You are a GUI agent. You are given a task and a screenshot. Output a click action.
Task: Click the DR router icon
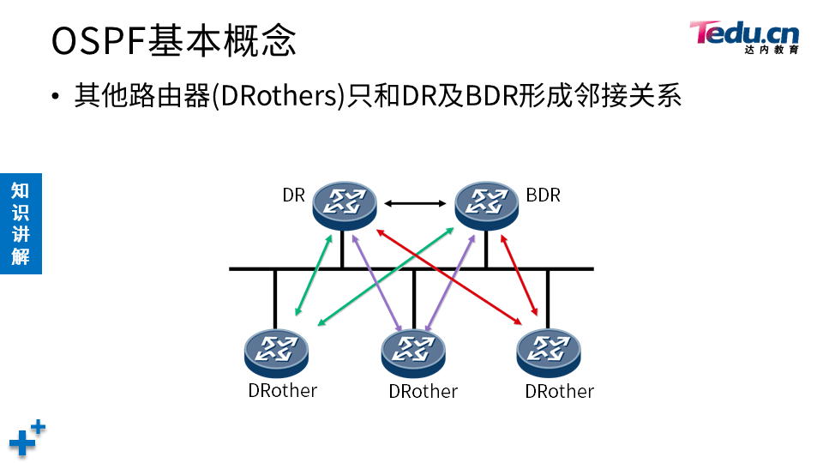pyautogui.click(x=345, y=203)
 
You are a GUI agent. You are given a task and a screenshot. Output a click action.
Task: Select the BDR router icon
pyautogui.click(x=486, y=203)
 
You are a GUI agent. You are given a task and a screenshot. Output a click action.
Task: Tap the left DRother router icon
pyautogui.click(x=276, y=352)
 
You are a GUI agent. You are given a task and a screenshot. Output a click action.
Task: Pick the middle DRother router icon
pyautogui.click(x=413, y=352)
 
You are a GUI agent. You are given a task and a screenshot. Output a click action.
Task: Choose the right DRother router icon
pyautogui.click(x=549, y=352)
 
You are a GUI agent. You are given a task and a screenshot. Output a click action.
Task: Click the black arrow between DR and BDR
pyautogui.click(x=416, y=204)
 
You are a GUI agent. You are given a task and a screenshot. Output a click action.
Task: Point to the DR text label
pyautogui.click(x=294, y=195)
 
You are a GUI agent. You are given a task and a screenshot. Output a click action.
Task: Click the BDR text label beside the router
pyautogui.click(x=543, y=195)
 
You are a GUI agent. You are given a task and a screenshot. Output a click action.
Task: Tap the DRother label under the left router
pyautogui.click(x=283, y=391)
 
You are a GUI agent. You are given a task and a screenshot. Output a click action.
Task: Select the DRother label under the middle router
pyautogui.click(x=423, y=392)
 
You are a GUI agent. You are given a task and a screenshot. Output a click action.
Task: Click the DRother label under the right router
pyautogui.click(x=560, y=392)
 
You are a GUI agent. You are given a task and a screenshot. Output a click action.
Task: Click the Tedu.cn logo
pyautogui.click(x=744, y=36)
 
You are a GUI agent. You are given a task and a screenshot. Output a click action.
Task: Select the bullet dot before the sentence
pyautogui.click(x=56, y=96)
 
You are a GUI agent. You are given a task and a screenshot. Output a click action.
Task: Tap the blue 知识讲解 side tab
pyautogui.click(x=21, y=223)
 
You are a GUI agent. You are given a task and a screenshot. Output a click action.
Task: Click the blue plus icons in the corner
pyautogui.click(x=26, y=437)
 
